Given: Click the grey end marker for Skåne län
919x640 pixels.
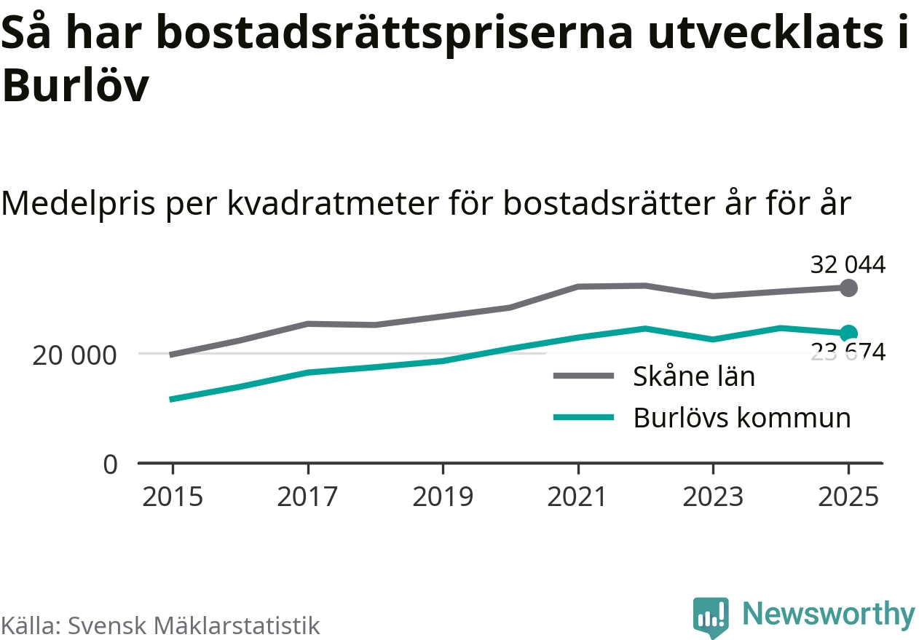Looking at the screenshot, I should click(848, 288).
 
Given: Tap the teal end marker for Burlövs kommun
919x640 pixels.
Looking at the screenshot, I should click(848, 333).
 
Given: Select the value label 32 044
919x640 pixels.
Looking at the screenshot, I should click(848, 265).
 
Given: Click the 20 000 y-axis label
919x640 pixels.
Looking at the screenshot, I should click(74, 357).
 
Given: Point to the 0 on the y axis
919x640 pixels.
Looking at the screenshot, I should click(110, 465).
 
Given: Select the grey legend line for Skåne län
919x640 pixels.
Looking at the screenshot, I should click(583, 376).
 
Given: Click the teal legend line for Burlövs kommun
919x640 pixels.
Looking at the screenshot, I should click(583, 418).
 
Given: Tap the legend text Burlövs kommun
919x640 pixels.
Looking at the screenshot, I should click(742, 418).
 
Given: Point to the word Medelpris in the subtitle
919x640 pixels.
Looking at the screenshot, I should click(78, 203).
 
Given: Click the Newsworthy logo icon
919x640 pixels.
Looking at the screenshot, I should click(711, 617).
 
